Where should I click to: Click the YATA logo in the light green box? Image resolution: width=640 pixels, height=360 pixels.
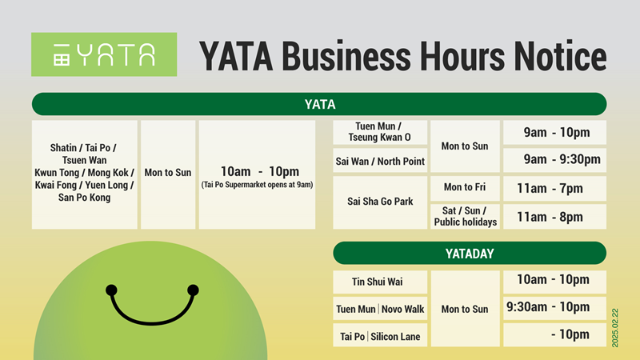coord(104,54)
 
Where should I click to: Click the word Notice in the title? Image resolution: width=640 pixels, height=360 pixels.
coord(560,56)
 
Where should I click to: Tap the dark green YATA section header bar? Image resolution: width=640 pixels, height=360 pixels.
coord(319,104)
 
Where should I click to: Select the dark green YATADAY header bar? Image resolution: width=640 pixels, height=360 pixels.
coord(470,253)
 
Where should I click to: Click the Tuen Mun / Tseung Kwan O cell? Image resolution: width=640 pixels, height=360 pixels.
coord(380,132)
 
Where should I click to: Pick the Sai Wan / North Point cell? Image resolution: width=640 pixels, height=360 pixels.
coord(380,162)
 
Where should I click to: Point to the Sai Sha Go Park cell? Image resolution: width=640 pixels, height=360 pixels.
coord(380,202)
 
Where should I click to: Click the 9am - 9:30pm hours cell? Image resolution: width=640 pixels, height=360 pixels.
coord(554,159)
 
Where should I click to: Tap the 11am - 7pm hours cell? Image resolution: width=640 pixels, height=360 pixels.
coord(554,188)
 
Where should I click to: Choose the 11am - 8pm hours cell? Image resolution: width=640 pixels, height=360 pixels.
coord(554,217)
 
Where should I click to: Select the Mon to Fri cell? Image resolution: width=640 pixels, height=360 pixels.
coord(465,188)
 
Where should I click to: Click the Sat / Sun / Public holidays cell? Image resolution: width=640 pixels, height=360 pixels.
coord(465,216)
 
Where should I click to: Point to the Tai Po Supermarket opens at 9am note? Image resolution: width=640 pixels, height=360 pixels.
coord(257,185)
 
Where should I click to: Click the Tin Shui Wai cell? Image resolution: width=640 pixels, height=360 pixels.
coord(380,282)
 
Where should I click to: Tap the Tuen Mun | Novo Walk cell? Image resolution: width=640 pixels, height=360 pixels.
coord(380,309)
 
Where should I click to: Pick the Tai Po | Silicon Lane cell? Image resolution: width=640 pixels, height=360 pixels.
coord(380,336)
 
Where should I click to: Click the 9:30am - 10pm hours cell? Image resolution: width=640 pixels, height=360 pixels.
coord(554,308)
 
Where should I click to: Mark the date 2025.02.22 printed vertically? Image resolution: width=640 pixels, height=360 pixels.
coord(615,328)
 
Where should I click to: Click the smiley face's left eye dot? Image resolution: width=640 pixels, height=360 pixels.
coord(111,290)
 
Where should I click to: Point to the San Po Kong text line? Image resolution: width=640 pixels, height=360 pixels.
coord(84,198)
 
